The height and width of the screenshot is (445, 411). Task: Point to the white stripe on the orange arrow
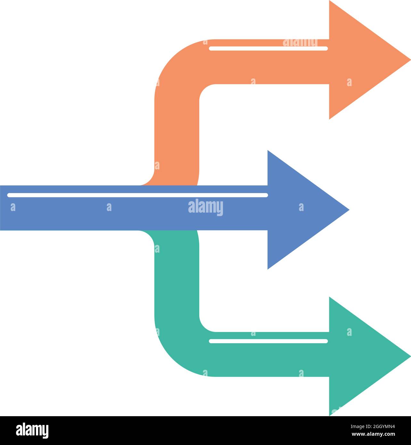[268, 48]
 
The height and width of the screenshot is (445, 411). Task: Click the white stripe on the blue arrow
[137, 195]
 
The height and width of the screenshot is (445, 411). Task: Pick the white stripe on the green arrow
[268, 341]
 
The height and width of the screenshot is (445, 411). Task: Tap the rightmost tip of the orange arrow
[411, 60]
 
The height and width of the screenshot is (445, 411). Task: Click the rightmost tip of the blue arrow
[349, 210]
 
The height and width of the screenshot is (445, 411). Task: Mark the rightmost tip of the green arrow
[411, 356]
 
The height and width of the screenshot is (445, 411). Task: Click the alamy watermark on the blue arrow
[206, 207]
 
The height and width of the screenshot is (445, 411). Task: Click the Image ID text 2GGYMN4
[373, 426]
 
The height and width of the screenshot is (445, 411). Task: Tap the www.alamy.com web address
[373, 434]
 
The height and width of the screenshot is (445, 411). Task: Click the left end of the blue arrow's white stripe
[9, 195]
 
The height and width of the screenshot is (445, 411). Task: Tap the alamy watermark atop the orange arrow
[300, 43]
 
